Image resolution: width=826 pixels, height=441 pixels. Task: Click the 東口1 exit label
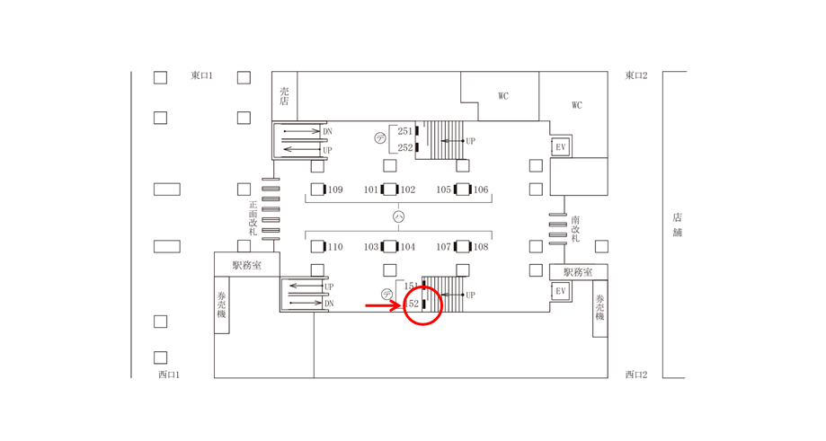coord(201,75)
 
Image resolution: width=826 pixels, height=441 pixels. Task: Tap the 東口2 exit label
coord(636,75)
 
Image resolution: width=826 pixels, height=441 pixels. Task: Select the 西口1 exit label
coord(169,375)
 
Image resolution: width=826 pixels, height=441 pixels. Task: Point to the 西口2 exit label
coord(636,375)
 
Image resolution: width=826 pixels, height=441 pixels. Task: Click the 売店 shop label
coord(284,96)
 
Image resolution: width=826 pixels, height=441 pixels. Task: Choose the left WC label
coord(502,96)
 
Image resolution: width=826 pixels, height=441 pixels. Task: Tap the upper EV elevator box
coord(561,146)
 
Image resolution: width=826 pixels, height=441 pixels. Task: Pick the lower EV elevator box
coord(561,291)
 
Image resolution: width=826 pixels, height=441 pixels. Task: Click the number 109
coord(335,190)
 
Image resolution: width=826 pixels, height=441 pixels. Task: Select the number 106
coord(481,190)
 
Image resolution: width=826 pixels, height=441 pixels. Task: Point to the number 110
coord(335,247)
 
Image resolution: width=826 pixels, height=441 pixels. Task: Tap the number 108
coord(481,247)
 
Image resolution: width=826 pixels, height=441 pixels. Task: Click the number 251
coord(404,131)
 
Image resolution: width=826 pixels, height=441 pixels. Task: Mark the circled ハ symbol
coord(399,216)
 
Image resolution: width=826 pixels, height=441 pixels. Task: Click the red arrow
coord(382,305)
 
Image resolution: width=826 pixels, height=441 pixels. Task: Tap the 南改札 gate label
coord(574,229)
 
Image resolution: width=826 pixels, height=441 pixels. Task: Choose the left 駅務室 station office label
coord(246,265)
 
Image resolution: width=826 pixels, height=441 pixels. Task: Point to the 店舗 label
coord(677,225)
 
